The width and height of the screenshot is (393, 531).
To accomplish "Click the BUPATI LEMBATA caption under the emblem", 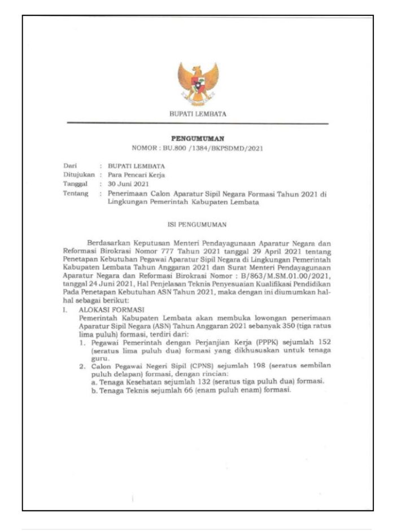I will point(198,113).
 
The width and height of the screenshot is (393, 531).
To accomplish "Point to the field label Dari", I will point(69,166).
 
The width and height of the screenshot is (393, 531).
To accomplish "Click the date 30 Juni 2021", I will point(128,184).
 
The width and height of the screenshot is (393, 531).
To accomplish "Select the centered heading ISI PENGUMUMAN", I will point(197,224).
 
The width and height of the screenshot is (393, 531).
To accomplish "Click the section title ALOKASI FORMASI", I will point(104,310).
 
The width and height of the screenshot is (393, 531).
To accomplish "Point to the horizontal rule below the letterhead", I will point(197,123).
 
